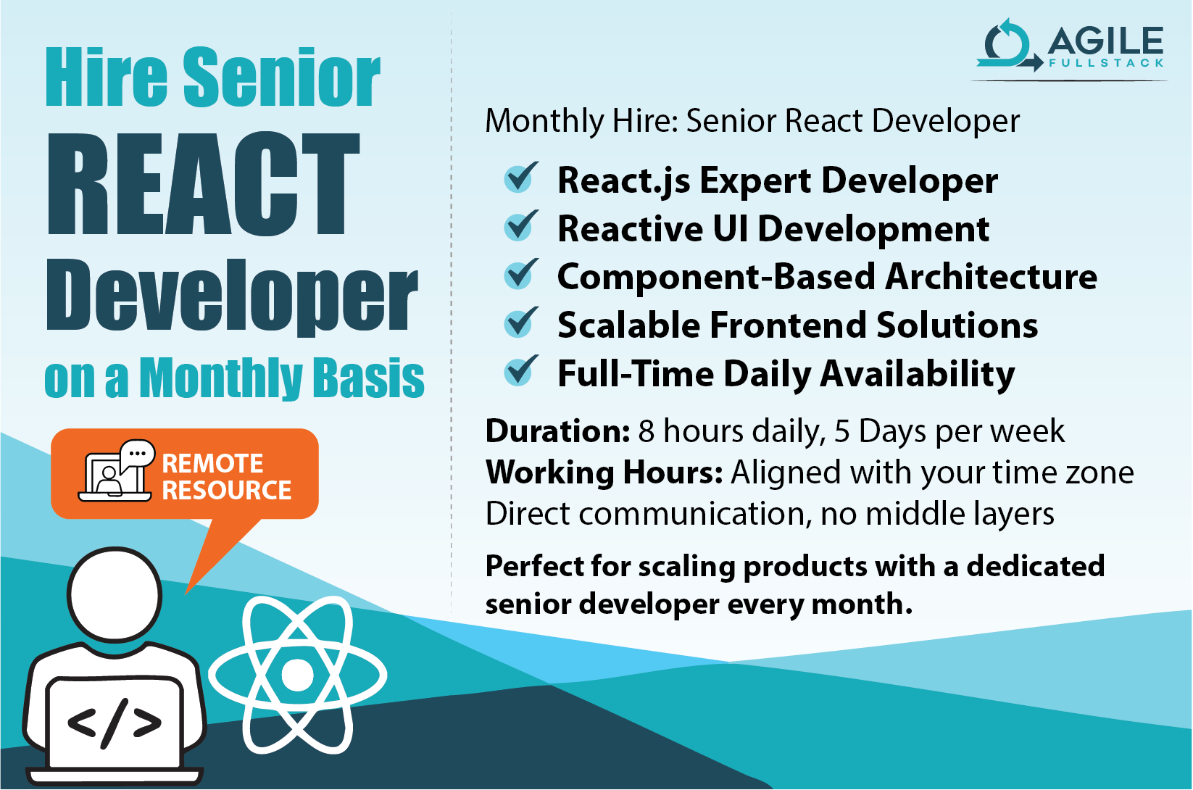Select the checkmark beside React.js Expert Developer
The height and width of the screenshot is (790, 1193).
coord(520,178)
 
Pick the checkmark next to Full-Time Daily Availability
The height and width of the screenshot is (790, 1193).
coord(520,371)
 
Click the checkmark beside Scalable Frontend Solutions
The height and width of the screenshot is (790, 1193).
coord(520,323)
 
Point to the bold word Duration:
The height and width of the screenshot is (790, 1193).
coord(557,431)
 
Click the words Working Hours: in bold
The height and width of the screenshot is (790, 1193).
coord(604,473)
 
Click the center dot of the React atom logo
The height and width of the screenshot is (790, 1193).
coord(297,675)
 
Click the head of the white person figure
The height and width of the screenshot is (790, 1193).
coord(115,594)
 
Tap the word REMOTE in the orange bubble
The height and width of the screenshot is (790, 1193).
coord(212,463)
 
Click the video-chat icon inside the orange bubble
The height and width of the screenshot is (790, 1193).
coord(116,470)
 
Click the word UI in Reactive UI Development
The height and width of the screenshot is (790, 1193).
coord(730,229)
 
